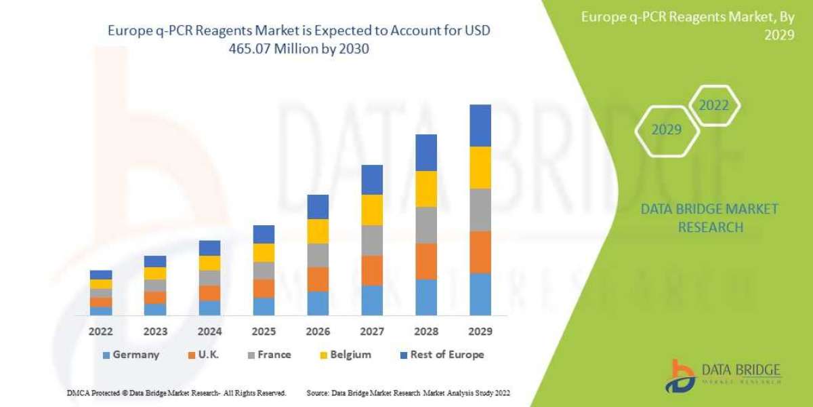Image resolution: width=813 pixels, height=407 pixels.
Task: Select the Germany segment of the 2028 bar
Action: (x=425, y=297)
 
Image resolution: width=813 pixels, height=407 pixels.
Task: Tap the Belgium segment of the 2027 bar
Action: (x=371, y=210)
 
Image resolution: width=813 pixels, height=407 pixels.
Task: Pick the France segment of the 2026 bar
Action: (x=318, y=255)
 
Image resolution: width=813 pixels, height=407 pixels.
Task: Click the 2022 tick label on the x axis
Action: (x=101, y=332)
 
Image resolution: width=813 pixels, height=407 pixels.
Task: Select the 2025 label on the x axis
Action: (x=264, y=332)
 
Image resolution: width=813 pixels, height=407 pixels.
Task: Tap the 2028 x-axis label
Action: (x=425, y=332)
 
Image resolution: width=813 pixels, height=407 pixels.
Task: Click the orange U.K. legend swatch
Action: (x=193, y=355)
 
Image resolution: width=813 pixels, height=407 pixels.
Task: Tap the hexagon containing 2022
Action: (x=714, y=106)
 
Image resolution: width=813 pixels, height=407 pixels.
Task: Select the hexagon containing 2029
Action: (x=667, y=130)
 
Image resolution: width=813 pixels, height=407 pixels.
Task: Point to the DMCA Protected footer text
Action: (x=176, y=393)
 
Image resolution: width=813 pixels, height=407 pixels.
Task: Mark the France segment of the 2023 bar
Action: (x=155, y=285)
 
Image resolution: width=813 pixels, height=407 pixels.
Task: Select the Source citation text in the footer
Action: (x=408, y=393)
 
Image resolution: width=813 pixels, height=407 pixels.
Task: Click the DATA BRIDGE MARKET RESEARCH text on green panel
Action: (x=709, y=218)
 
